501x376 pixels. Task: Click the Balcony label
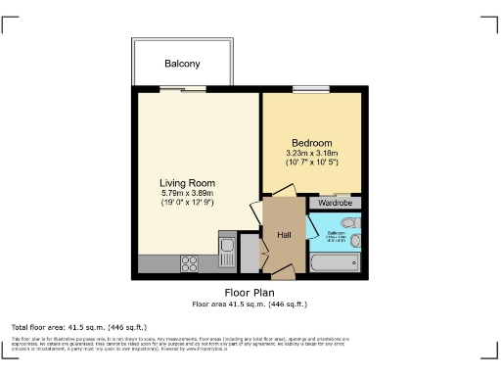pyautogui.click(x=182, y=64)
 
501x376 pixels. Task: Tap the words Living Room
pyautogui.click(x=188, y=182)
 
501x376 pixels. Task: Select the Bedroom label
pyautogui.click(x=312, y=143)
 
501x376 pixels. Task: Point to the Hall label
pyautogui.click(x=285, y=235)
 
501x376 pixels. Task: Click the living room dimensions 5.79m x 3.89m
pyautogui.click(x=188, y=193)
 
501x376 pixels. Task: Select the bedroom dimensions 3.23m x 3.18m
pyautogui.click(x=312, y=153)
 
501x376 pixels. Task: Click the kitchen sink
pyautogui.click(x=226, y=246)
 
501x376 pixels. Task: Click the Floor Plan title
pyautogui.click(x=249, y=292)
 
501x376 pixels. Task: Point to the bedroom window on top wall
pyautogui.click(x=311, y=89)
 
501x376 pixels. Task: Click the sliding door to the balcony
pyautogui.click(x=182, y=89)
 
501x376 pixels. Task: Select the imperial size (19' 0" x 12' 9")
pyautogui.click(x=188, y=203)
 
